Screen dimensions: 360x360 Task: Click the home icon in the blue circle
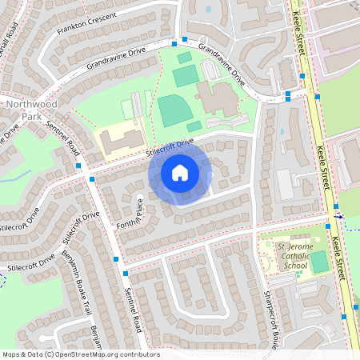(180, 173)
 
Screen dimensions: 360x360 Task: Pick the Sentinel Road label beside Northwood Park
(62, 136)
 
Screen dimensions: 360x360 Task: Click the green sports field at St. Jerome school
(318, 261)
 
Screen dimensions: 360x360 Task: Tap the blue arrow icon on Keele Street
(339, 215)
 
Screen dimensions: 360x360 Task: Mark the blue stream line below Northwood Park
(16, 175)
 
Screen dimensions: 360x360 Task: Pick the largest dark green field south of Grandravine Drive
(172, 110)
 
